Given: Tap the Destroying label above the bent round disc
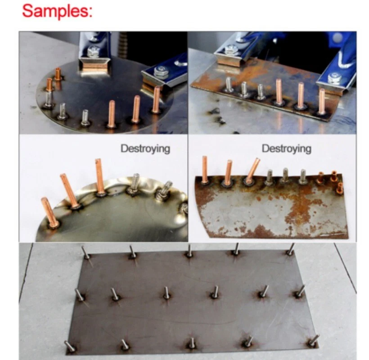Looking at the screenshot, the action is [145, 148].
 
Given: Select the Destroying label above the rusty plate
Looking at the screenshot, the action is [286, 148].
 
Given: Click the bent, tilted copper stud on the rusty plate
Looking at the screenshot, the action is [252, 171].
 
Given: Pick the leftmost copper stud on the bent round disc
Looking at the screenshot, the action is [50, 212].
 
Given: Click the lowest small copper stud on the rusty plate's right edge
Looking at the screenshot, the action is [340, 187].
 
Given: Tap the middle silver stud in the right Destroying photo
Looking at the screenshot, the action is [285, 175].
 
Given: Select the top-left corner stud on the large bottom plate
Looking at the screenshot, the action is [85, 252].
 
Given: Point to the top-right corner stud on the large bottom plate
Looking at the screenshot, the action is [290, 249].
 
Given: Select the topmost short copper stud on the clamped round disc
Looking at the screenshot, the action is [58, 74].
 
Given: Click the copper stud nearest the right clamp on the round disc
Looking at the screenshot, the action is [156, 100].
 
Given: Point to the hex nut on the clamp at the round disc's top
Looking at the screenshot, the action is [93, 52].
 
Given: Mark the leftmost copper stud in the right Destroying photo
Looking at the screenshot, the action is [205, 170].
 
